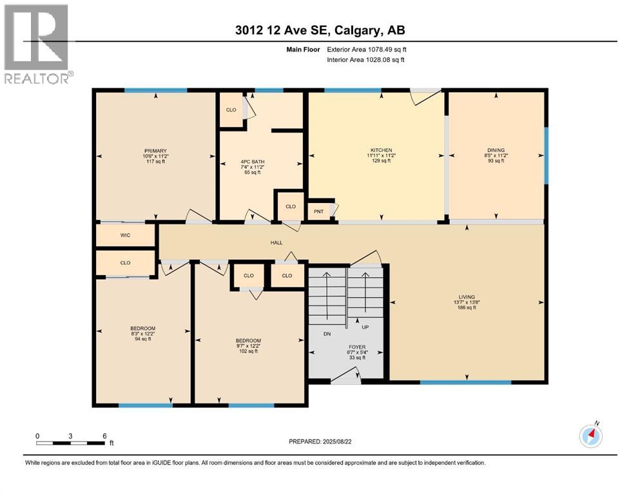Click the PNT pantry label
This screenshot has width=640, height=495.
click(318, 211)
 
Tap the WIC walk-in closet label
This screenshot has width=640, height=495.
click(125, 235)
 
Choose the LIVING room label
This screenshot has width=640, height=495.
click(466, 297)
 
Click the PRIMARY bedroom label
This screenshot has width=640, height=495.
click(155, 151)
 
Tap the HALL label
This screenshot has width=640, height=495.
click(276, 243)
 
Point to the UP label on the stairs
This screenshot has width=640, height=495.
click(365, 327)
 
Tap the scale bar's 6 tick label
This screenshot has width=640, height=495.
click(104, 436)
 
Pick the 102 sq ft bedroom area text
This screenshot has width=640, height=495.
click(248, 351)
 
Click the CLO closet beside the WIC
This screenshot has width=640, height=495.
click(125, 263)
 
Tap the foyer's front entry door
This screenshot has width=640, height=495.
click(346, 380)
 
